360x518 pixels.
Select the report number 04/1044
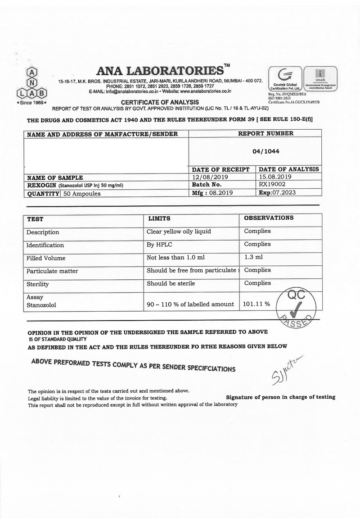[265, 152]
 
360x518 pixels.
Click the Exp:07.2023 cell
[280, 192]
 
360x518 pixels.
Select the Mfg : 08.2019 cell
[211, 192]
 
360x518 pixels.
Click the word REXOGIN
[41, 185]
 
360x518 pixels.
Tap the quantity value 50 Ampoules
[82, 193]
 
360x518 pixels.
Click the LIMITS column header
[159, 218]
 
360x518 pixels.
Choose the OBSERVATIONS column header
[269, 218]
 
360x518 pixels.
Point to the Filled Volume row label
[45, 258]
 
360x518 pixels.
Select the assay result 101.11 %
[256, 304]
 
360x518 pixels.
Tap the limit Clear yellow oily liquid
[179, 232]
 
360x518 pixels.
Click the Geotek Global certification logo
[285, 80]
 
